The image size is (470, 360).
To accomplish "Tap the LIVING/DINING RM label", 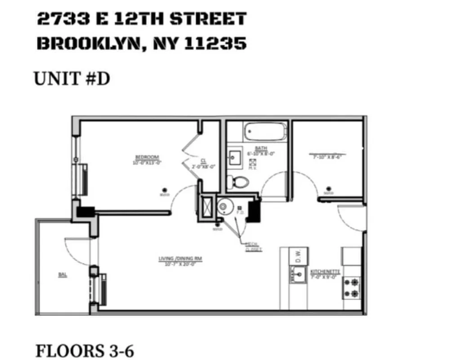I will coord(180,259).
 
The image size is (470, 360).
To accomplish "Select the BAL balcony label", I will coord(63,274).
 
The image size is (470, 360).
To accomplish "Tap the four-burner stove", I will coord(351,288).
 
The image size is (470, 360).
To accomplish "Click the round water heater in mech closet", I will coord(224,207).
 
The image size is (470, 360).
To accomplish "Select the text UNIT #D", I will coord(72,79).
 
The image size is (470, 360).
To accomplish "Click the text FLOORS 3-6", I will coord(85,351).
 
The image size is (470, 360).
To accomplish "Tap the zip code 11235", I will coord(217,43).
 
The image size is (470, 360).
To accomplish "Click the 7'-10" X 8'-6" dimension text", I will coord(326,157).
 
